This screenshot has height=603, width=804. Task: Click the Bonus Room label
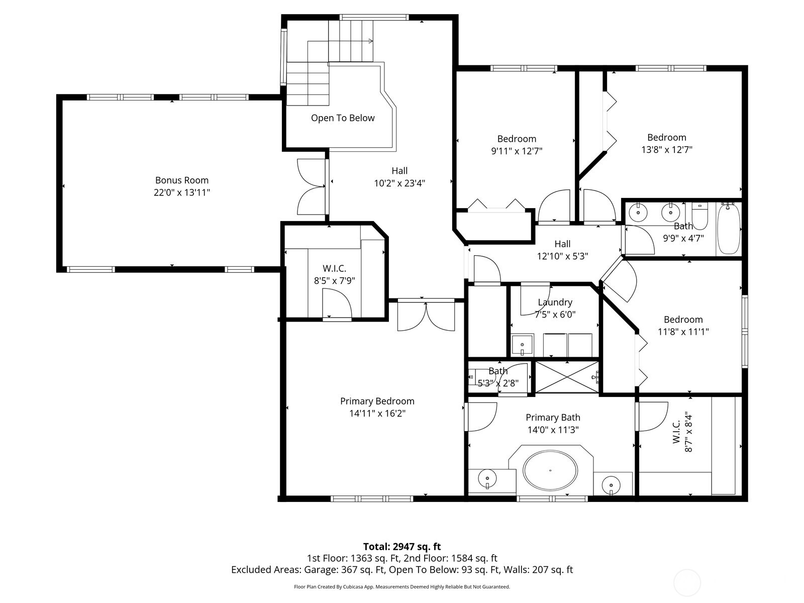click(182, 180)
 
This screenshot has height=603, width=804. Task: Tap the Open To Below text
click(343, 118)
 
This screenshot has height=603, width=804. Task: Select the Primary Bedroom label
click(377, 401)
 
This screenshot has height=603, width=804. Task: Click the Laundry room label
click(555, 303)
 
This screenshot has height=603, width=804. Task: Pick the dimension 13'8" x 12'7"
click(667, 150)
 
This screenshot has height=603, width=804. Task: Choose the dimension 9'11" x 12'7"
click(517, 151)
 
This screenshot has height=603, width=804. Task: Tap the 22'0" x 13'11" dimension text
click(182, 192)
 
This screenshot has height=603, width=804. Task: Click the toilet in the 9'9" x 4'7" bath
click(699, 215)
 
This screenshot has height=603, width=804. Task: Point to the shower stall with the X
click(567, 377)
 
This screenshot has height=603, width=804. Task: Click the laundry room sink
click(522, 345)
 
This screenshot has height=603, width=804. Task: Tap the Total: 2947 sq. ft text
click(402, 547)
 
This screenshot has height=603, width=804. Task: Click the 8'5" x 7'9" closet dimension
click(335, 281)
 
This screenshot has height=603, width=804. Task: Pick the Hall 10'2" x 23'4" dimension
click(399, 183)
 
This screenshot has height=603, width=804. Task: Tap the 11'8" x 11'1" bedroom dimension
click(683, 332)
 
